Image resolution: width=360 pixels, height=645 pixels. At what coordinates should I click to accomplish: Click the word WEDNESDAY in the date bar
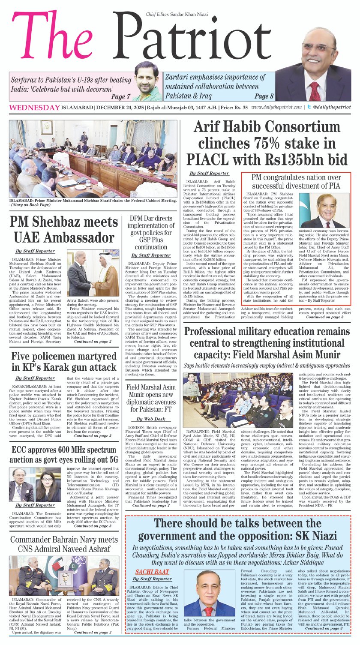[34, 108]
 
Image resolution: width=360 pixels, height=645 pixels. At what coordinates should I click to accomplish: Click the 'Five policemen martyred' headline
[63, 362]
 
